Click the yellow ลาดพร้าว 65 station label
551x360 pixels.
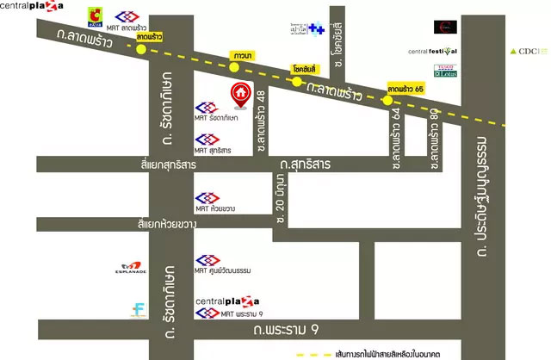406,89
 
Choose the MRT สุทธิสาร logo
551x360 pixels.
207,139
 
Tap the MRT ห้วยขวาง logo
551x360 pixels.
207,198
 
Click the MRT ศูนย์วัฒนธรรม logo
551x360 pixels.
207,259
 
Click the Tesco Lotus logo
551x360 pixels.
445,71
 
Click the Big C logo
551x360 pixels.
95,16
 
